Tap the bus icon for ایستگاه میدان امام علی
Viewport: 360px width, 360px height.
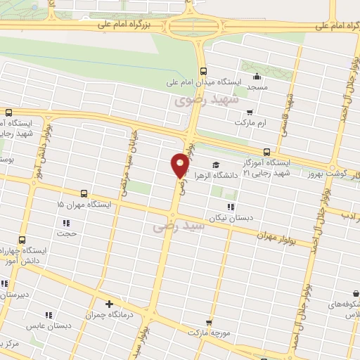pyautogui.click(x=203, y=71)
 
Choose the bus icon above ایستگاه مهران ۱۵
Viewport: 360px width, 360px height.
pyautogui.click(x=84, y=193)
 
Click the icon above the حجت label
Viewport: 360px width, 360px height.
pyautogui.click(x=67, y=224)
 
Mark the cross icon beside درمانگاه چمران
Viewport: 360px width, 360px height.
pyautogui.click(x=108, y=304)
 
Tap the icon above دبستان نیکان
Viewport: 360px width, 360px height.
pyautogui.click(x=230, y=206)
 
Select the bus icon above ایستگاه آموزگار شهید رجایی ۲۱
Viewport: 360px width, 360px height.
pyautogui.click(x=266, y=152)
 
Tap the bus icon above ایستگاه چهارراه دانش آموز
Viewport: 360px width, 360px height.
pyautogui.click(x=22, y=239)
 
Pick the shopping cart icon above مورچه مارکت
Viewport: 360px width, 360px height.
pyautogui.click(x=188, y=323)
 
